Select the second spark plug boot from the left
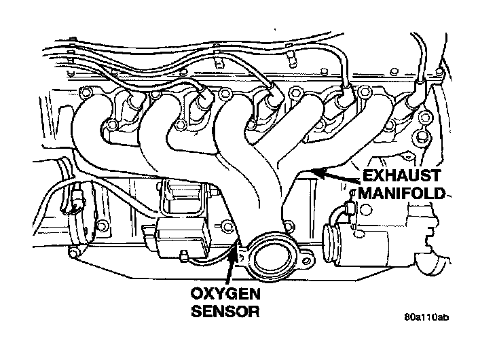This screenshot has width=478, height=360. [x=202, y=103]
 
